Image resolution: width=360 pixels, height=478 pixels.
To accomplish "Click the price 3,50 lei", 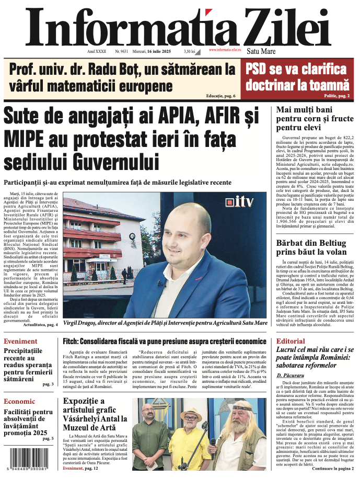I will (x=189, y=51).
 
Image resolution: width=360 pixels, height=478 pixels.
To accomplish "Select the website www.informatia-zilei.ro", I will (x=225, y=50).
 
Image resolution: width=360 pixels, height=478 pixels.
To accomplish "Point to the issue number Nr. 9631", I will (x=121, y=51).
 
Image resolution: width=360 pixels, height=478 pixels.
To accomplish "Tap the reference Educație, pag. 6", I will (x=220, y=96).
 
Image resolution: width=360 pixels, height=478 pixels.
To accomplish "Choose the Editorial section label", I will (x=290, y=341).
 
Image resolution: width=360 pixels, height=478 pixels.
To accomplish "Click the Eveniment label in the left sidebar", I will (x=20, y=342).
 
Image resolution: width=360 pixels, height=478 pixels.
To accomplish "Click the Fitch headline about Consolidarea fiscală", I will (x=165, y=341).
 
